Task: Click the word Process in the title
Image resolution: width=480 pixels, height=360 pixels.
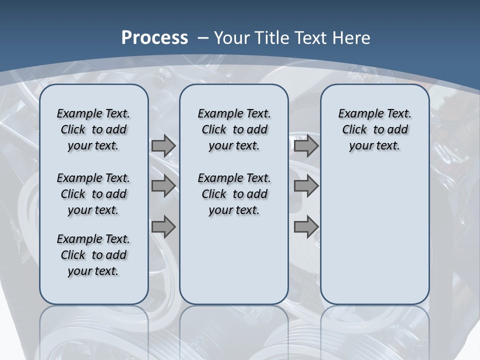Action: click(154, 38)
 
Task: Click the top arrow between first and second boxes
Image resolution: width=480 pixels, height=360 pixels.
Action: click(163, 146)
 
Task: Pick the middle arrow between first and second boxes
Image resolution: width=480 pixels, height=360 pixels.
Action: click(163, 186)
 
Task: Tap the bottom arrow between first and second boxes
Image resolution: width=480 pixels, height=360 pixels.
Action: click(163, 227)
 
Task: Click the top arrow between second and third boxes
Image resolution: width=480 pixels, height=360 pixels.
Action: click(306, 146)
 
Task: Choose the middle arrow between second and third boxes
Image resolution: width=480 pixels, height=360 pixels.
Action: click(306, 186)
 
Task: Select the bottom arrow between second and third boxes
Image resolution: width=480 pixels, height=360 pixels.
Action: click(306, 227)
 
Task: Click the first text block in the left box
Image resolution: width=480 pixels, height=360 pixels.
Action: click(93, 129)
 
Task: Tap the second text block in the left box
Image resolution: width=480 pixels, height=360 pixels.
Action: click(93, 194)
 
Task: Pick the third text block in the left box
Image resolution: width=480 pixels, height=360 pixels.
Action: click(93, 255)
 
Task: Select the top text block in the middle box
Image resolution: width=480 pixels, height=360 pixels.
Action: click(234, 129)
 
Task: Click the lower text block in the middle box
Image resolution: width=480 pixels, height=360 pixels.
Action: click(234, 194)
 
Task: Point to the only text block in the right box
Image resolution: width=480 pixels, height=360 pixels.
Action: click(374, 129)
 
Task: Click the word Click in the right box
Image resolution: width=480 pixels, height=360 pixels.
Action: click(354, 130)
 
